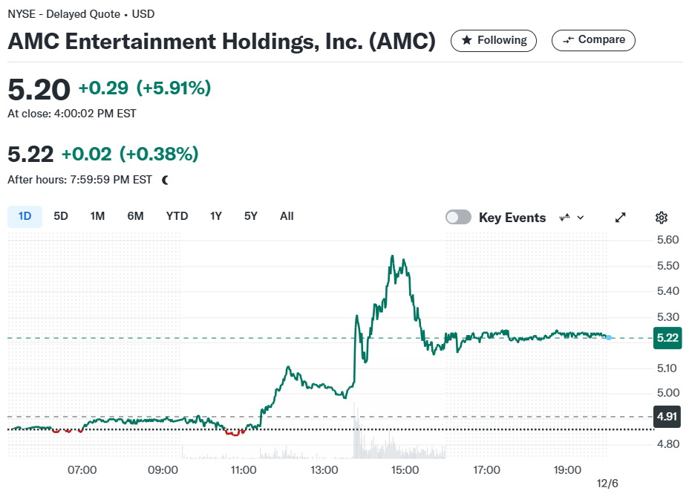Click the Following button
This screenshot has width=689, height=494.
point(494,40)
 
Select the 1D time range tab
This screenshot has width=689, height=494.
point(25,216)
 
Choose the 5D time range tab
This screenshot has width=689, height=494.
point(61,216)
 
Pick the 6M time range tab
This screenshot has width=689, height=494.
point(135,216)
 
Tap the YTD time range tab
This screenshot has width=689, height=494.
point(177,216)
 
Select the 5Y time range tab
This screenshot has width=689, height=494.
point(250,216)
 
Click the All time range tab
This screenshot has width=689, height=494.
point(287,216)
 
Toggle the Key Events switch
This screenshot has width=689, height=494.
point(458,217)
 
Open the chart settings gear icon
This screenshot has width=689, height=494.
point(662,218)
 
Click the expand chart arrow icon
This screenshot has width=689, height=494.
point(621,218)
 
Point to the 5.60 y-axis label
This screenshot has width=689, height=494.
point(668,240)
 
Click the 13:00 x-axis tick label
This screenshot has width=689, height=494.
point(324,470)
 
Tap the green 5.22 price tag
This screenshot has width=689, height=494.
point(667,338)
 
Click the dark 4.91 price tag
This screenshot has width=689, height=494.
point(667,416)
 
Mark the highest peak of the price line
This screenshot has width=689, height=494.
point(393,256)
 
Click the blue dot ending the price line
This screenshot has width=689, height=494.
point(609,337)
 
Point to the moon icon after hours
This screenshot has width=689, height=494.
point(166,180)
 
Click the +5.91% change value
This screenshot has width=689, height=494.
point(174,88)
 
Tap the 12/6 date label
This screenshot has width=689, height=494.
point(607,484)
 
